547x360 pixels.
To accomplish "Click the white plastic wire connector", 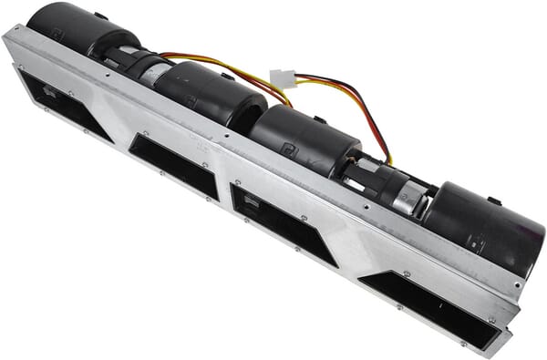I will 283,79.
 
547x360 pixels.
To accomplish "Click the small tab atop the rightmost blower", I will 492,200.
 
